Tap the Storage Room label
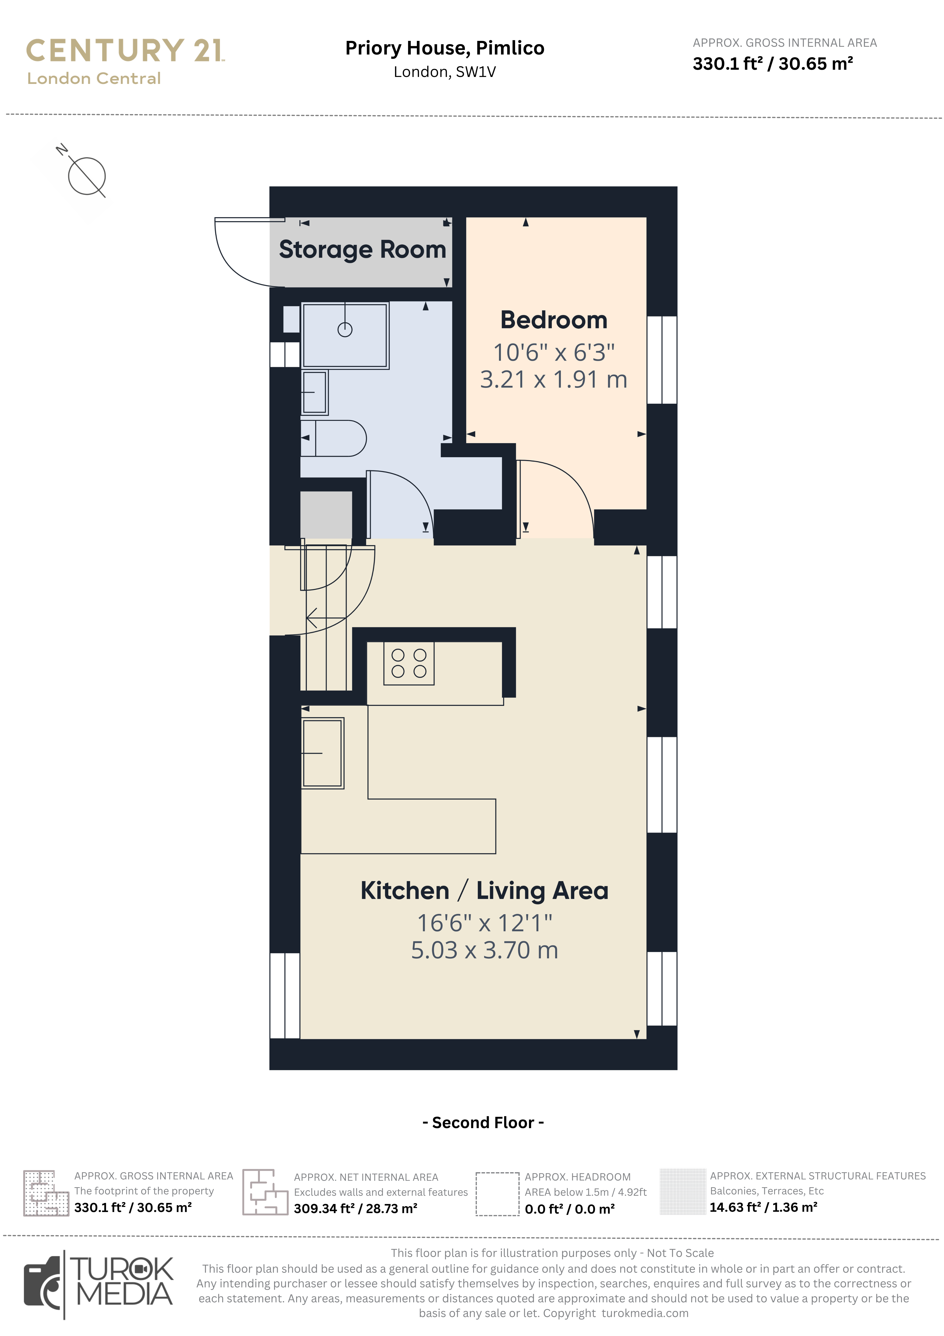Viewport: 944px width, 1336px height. pyautogui.click(x=362, y=250)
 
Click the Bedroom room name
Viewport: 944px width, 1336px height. pyautogui.click(x=554, y=320)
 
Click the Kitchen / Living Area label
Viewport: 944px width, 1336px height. pyautogui.click(x=484, y=891)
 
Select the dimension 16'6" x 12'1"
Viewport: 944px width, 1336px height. pyautogui.click(x=484, y=923)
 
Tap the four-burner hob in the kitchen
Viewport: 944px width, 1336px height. pyautogui.click(x=409, y=663)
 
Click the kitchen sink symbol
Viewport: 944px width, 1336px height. pyautogui.click(x=322, y=753)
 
